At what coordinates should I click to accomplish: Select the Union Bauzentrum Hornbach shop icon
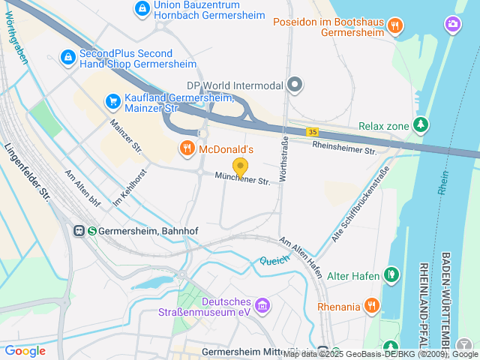pos(142,9)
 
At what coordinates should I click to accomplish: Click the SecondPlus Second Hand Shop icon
pos(67,57)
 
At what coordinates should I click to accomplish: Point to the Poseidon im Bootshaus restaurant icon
pos(395,25)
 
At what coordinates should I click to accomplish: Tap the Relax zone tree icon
pos(421,125)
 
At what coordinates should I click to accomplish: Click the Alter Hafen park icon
pos(391,274)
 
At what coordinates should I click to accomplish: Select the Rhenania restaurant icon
pos(371,304)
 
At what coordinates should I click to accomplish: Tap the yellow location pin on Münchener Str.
pos(240,167)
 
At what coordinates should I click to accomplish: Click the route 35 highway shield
pos(311,132)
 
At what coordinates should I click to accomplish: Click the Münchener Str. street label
pos(242,180)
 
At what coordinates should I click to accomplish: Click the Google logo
pos(25,351)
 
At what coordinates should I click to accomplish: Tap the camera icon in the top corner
pos(454,24)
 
